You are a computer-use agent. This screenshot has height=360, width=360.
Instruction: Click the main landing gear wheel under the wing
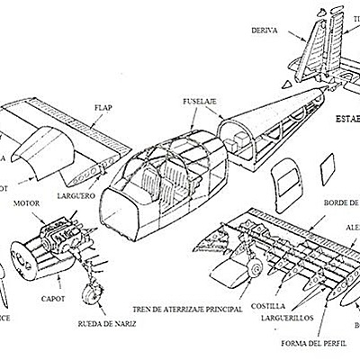[256, 267]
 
